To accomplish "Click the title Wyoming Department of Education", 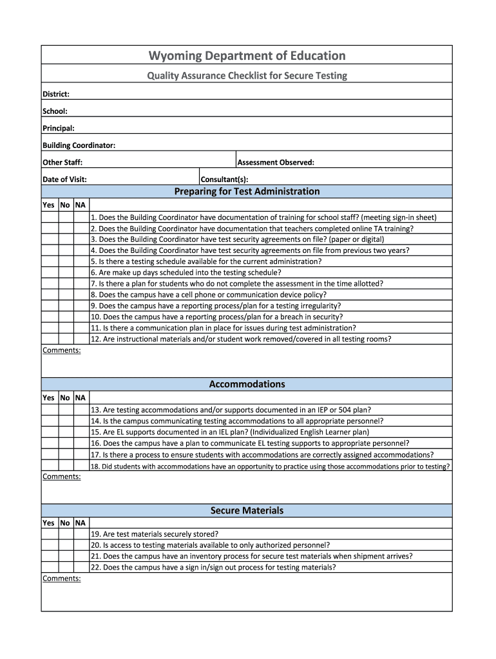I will (247, 56).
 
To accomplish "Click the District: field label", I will (55, 94).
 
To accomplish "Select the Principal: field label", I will (59, 128).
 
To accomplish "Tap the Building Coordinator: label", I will (79, 145).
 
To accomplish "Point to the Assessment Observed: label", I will (276, 162).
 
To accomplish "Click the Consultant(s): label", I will (224, 180).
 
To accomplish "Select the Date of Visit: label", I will (64, 180).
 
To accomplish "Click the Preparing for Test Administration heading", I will (247, 192).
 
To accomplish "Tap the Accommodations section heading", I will (247, 384).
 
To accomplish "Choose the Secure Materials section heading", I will (247, 510).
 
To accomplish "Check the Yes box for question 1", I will (50, 218).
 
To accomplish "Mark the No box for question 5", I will (65, 261).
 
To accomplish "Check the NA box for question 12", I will (81, 339).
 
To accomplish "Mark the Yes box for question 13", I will (50, 410).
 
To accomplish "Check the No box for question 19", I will (65, 534).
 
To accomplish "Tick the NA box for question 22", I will (81, 567).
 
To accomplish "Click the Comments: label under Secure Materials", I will (62, 579).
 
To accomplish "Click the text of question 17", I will (262, 454).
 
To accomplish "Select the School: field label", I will (55, 111).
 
